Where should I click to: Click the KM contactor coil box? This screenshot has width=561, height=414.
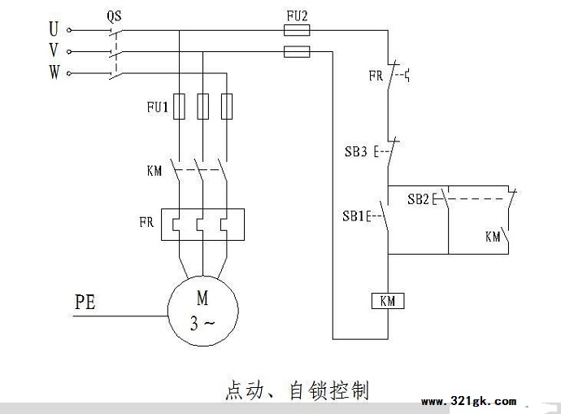point(388,301)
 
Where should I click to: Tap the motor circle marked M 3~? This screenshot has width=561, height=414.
point(203,311)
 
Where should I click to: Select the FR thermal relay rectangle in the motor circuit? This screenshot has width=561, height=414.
point(203,224)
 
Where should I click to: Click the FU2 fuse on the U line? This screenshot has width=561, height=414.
point(297,30)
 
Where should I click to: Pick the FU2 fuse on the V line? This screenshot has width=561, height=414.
point(297,51)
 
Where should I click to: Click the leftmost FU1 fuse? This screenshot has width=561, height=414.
point(179,107)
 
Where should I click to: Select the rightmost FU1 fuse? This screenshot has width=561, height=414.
point(227,107)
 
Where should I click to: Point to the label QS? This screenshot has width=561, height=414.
point(114,15)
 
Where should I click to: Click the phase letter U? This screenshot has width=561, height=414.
point(54,28)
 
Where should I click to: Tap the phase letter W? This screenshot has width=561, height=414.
point(54,72)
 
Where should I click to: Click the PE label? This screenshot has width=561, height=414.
point(85,302)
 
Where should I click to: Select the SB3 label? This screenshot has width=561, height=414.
point(356,152)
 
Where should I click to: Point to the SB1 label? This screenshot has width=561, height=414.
point(353,216)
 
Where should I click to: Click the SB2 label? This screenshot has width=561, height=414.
point(418,199)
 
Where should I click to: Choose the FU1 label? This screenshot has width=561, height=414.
point(158,107)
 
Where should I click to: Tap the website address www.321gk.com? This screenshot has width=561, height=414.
point(468,401)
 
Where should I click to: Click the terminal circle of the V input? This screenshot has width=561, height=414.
point(69,52)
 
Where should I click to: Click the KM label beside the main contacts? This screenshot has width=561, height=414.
point(154,171)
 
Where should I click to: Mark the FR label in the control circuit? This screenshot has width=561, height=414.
point(376,76)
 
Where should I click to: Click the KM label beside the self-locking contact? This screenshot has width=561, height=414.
point(493,237)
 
